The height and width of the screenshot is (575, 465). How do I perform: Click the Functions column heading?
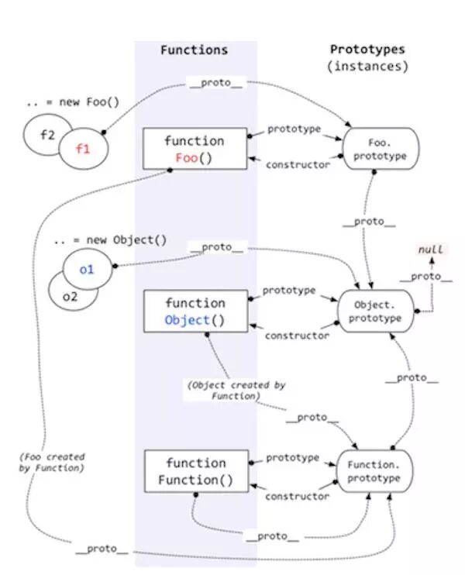click(194, 50)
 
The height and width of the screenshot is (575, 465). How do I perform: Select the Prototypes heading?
click(367, 50)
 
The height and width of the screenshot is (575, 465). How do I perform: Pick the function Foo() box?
click(195, 149)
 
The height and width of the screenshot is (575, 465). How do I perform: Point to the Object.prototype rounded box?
click(376, 311)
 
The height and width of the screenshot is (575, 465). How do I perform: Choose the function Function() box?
click(195, 471)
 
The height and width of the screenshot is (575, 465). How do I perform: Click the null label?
click(430, 250)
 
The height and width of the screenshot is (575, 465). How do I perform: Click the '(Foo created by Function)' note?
click(52, 463)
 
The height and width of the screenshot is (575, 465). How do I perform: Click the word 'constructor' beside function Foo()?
click(298, 165)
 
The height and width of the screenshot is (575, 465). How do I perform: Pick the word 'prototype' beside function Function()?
click(293, 458)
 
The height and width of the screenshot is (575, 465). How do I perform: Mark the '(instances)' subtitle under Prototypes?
click(367, 67)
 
